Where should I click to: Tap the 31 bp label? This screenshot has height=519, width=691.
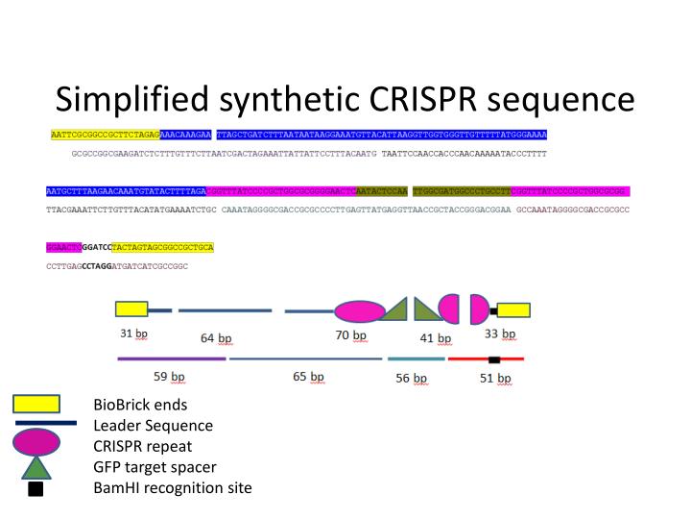pos(133,334)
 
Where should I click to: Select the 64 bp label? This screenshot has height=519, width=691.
pos(216,338)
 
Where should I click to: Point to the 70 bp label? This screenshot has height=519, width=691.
pos(351,335)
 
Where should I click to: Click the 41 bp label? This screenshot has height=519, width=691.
pos(436,338)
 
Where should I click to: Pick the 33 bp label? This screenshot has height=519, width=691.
pos(499,334)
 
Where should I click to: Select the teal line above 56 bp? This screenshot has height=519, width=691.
pos(416,358)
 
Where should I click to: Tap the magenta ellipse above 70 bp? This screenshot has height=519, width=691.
pos(359,310)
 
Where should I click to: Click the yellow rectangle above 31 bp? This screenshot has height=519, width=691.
pos(131,309)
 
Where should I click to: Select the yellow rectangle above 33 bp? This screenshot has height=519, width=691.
pos(513,309)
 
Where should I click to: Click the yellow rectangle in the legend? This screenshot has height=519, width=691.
pos(36,404)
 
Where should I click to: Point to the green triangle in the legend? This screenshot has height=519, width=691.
pos(36,467)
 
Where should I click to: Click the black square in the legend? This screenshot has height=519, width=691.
pos(36,488)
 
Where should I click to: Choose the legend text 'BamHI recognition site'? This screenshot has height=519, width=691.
pos(172,487)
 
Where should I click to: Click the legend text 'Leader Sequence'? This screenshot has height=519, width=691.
pos(153,425)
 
